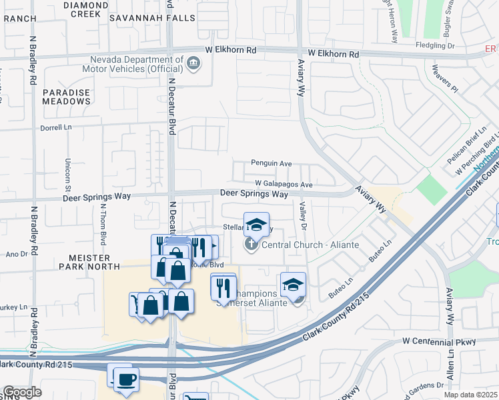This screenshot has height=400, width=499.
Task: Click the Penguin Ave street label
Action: pyautogui.click(x=272, y=163)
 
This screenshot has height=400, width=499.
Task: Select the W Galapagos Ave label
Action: pyautogui.click(x=284, y=184)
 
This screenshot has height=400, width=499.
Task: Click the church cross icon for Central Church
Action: pyautogui.click(x=251, y=245)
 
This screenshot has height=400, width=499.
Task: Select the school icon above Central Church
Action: pyautogui.click(x=256, y=224)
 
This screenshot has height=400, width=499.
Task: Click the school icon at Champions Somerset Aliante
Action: pyautogui.click(x=293, y=284)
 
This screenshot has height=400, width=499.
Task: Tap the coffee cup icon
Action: pyautogui.click(x=126, y=379)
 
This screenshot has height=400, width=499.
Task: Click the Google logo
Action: pyautogui.click(x=22, y=392)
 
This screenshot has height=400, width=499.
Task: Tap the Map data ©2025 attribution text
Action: pyautogui.click(x=470, y=395)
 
